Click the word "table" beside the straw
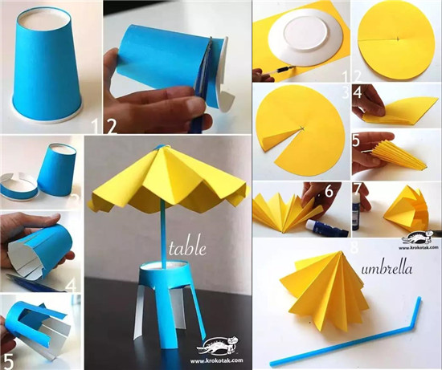pos(187,248)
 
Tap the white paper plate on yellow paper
pos(305,38)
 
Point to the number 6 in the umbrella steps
pos(329,191)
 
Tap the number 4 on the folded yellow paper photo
pos(358,92)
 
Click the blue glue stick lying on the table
pos(327,228)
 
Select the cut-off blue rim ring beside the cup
pos(18,188)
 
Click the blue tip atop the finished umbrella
pos(161,147)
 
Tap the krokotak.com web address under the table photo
pos(216,360)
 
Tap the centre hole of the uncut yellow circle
pos(398,39)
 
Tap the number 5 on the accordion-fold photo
pos(356,140)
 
